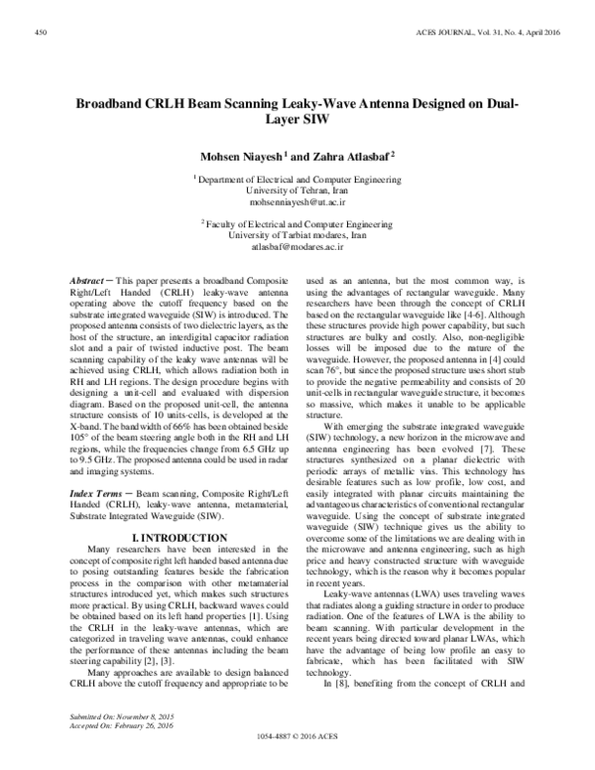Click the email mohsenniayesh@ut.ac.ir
click(x=297, y=199)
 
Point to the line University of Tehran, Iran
click(x=297, y=189)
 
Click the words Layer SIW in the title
click(x=297, y=121)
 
